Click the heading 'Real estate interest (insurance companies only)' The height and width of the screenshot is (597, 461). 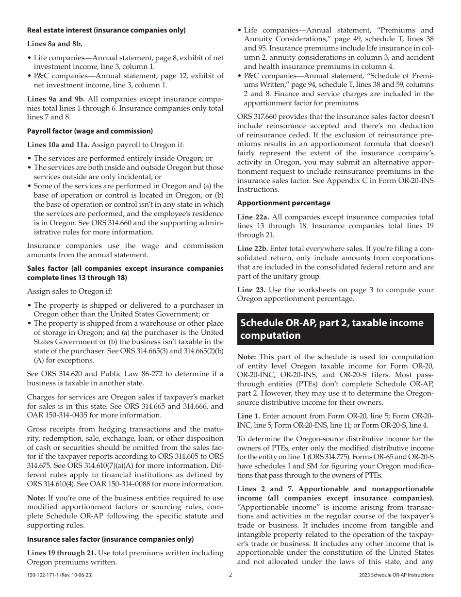(106, 30)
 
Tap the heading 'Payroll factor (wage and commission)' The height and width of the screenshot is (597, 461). (90, 131)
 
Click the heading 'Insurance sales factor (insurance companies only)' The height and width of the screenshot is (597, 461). (110, 539)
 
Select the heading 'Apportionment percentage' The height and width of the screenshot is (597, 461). (284, 203)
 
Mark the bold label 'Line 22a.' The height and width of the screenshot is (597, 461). (252, 217)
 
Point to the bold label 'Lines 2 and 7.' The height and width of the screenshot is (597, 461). (261, 489)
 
